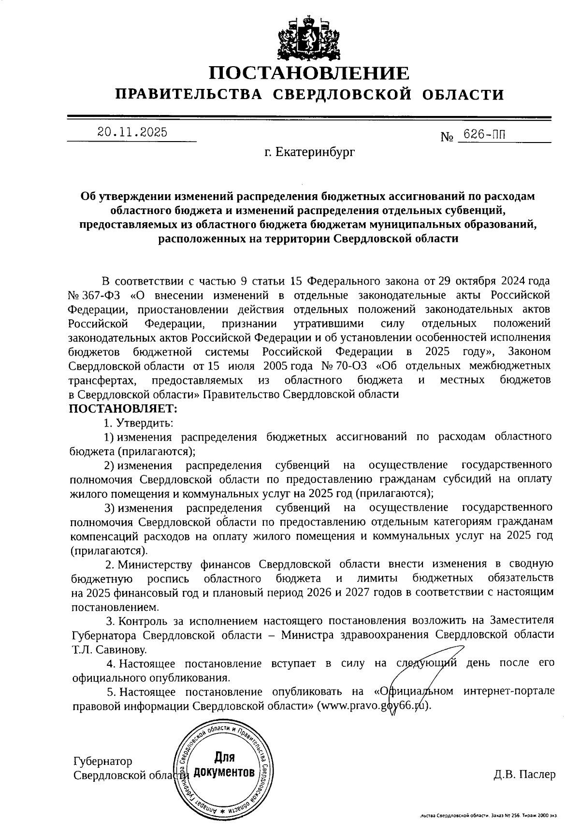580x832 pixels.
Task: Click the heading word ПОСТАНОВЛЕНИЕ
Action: [x=309, y=73]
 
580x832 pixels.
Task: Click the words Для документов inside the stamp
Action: [x=224, y=764]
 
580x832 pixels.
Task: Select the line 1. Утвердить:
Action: [x=138, y=423]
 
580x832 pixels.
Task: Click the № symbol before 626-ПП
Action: [x=448, y=137]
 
